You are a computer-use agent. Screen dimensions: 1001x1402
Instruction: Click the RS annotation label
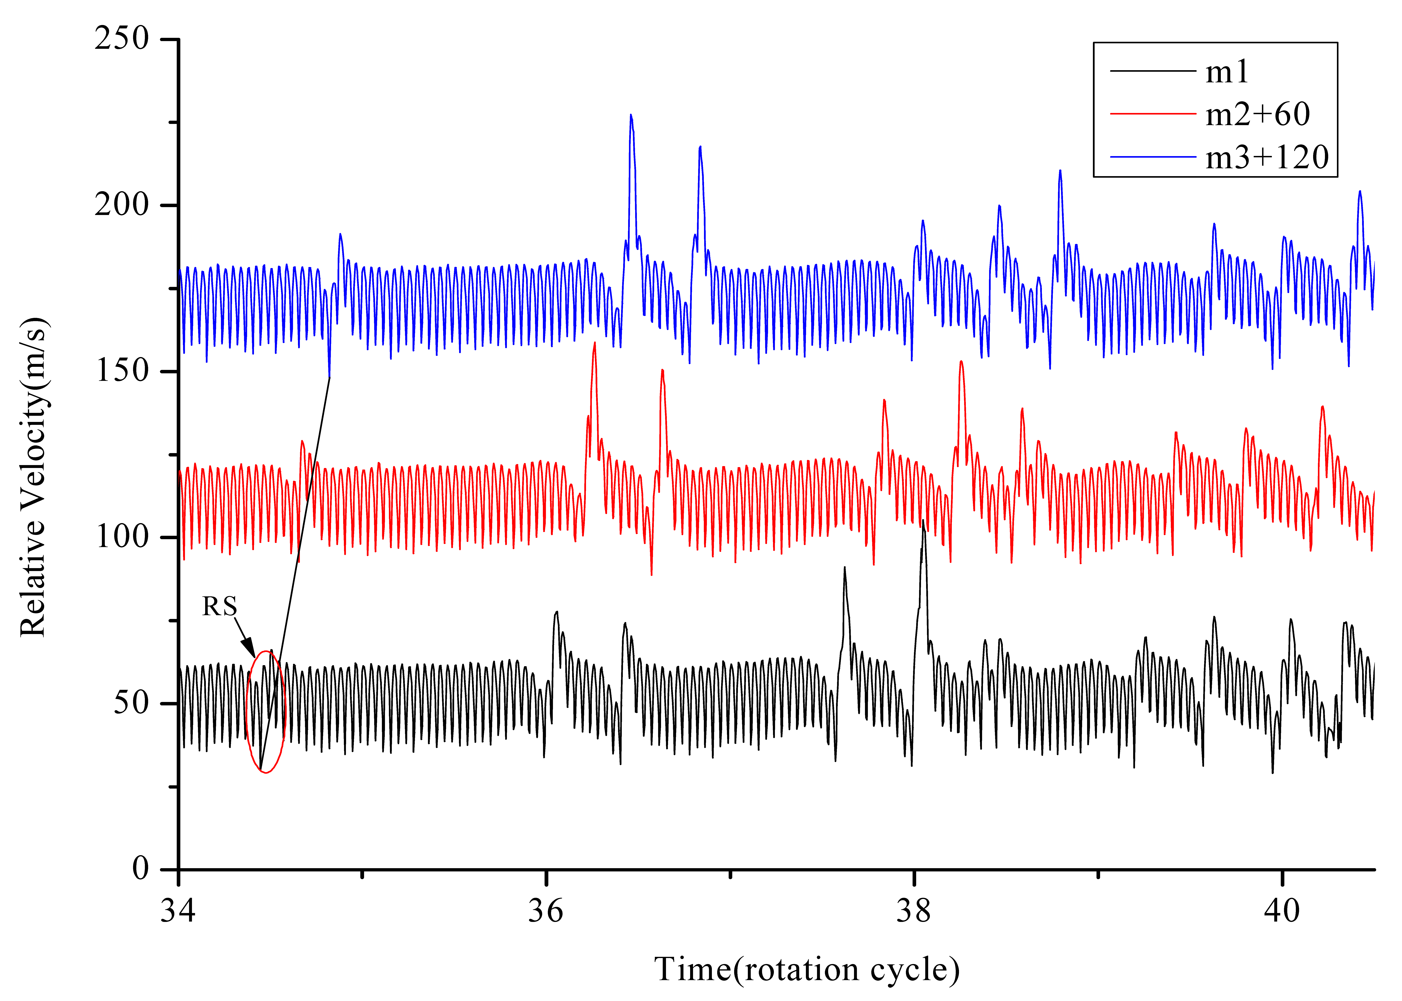coord(220,606)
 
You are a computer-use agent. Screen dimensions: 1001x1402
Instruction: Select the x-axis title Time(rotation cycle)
coord(806,970)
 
